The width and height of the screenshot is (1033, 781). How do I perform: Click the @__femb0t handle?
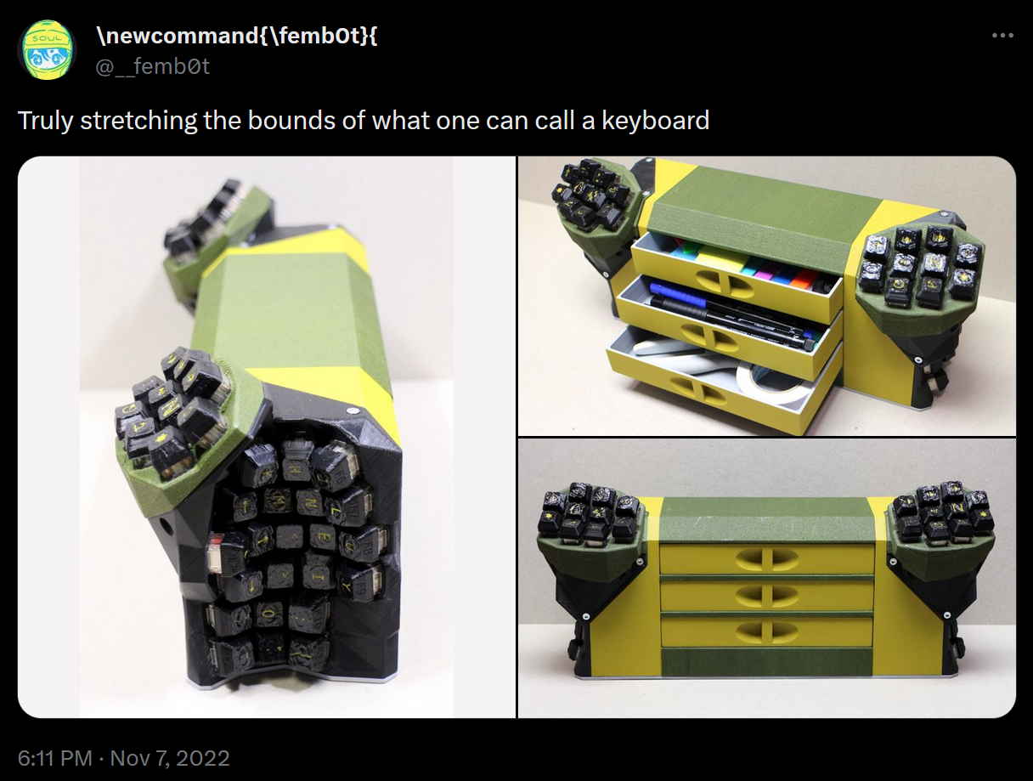coord(153,65)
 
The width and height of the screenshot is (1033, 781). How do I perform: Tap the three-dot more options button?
coord(1002,36)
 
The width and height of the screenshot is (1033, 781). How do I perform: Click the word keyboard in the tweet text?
coord(655,121)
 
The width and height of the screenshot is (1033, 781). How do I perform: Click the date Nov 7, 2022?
coord(170,758)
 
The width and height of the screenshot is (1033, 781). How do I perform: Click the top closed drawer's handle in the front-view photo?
coord(767,558)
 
